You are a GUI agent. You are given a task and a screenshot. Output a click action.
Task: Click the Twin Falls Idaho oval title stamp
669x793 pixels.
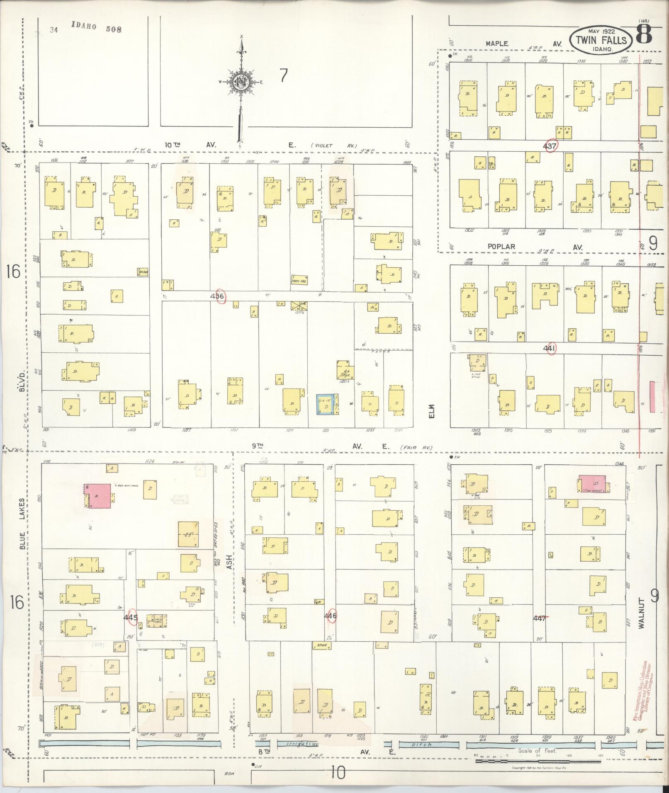[x=601, y=40]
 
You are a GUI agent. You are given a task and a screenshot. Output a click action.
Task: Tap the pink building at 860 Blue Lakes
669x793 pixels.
[x=98, y=495]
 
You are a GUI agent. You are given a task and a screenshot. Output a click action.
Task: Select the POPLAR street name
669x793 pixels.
[x=501, y=246]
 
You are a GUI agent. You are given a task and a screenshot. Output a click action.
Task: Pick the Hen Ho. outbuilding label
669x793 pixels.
[x=299, y=280]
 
